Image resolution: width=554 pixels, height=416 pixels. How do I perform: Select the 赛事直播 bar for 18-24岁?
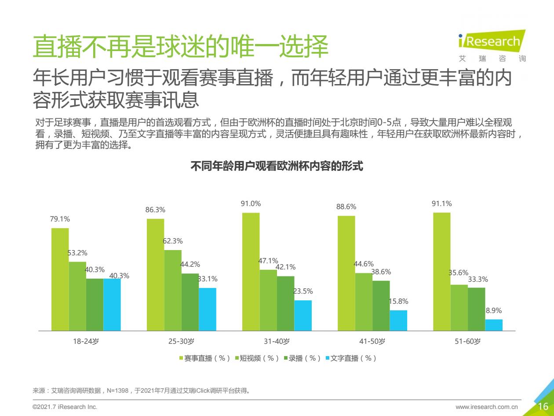point(60,279)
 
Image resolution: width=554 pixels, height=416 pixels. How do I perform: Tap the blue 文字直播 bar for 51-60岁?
point(494,325)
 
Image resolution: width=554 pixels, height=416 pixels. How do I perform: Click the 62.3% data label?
point(173,241)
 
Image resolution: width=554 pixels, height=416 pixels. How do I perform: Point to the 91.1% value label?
point(441,204)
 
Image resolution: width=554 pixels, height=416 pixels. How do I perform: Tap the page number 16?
point(543,406)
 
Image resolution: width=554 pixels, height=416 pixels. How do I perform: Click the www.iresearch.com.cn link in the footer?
point(487,407)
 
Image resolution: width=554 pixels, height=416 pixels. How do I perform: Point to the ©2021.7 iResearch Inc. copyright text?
point(65,407)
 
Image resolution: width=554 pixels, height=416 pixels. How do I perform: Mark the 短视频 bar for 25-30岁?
point(173,290)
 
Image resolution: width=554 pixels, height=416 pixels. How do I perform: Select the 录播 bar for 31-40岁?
point(285,303)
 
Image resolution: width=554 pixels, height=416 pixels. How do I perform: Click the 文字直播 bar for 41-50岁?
point(398,320)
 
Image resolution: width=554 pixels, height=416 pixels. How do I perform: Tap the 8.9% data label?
point(494,311)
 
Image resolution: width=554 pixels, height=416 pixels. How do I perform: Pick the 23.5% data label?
point(303,291)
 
